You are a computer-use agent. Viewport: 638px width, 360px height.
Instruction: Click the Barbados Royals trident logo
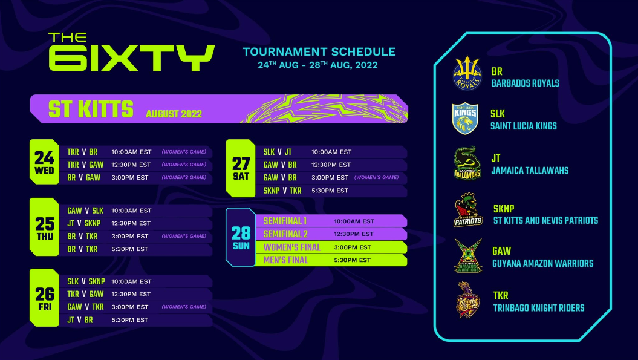(x=467, y=73)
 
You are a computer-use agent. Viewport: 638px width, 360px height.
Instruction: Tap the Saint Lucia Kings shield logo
(x=465, y=118)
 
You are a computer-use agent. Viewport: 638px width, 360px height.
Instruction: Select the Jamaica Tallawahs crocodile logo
(x=467, y=163)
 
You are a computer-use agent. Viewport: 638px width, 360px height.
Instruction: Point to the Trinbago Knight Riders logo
(x=468, y=299)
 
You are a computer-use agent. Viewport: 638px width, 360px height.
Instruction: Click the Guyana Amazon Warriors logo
(x=468, y=256)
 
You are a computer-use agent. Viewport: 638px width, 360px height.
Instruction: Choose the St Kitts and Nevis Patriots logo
(x=468, y=210)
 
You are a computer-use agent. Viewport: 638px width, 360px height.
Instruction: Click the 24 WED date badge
(x=44, y=162)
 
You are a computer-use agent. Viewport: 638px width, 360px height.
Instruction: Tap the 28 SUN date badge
(x=241, y=237)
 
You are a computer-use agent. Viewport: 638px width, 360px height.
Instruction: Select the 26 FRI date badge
(x=44, y=298)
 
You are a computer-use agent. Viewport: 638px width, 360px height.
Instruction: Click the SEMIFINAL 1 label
(x=285, y=221)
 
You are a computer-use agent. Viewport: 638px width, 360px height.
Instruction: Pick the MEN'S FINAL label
(x=285, y=260)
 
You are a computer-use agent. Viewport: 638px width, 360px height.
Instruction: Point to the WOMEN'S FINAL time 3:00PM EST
(x=353, y=247)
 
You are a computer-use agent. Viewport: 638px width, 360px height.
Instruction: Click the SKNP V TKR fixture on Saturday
(x=282, y=190)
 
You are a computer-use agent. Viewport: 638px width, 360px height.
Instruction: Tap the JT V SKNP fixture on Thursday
(x=84, y=223)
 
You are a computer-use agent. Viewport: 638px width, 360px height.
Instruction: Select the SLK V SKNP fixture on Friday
(x=86, y=281)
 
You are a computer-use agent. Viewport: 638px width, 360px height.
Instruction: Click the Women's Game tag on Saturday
(x=376, y=177)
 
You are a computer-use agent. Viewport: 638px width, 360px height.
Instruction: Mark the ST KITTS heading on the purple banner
(x=91, y=109)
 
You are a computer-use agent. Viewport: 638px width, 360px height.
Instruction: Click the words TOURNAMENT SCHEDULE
(x=319, y=51)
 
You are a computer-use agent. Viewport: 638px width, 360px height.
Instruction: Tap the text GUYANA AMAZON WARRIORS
(x=543, y=263)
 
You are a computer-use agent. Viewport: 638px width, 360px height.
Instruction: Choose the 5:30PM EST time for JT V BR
(x=130, y=320)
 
